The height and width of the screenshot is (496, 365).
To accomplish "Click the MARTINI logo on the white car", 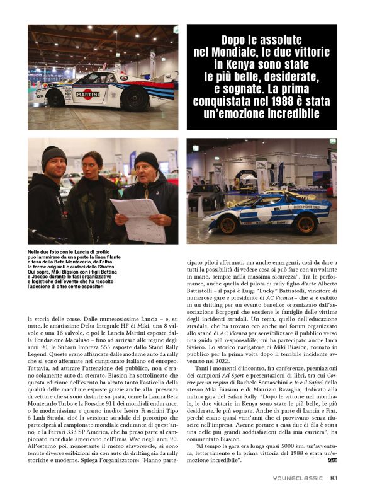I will point(87,95).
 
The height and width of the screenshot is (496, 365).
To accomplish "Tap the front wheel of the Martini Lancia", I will point(55,98).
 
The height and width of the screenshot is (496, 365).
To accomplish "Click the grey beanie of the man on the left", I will point(54,154).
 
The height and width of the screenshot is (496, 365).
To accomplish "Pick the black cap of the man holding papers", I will point(147,159).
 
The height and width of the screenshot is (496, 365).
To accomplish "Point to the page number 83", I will point(334,478).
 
